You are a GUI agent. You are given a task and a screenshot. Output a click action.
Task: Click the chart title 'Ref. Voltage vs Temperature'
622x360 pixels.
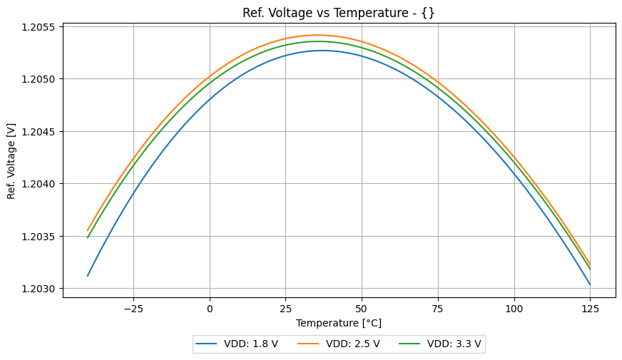338,12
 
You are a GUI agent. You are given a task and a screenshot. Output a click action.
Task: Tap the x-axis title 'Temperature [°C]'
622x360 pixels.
339,323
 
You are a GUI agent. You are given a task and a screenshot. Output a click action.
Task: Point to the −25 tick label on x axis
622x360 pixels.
133,309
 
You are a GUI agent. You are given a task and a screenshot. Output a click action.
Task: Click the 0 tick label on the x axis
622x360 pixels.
210,309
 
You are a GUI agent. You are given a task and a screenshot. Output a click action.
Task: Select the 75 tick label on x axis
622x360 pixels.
438,309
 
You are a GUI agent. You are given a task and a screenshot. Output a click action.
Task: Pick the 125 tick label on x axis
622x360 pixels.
590,309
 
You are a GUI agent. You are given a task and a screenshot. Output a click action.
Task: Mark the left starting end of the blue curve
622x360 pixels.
88,276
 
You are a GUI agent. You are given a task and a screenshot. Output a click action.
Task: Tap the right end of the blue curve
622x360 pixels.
590,284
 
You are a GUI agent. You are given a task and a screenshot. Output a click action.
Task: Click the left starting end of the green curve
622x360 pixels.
88,237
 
